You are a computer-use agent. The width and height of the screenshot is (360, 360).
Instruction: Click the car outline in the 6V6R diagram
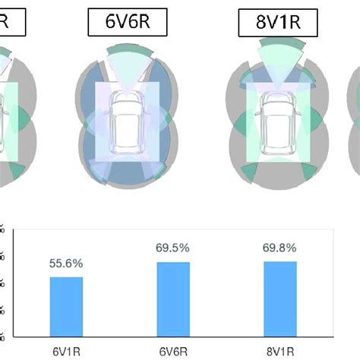tap(126, 122)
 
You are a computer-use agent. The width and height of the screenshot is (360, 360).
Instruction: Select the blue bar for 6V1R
tap(68, 306)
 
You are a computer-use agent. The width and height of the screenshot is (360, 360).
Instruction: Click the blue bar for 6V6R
tap(174, 298)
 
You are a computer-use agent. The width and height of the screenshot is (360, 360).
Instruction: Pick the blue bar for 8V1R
tap(280, 298)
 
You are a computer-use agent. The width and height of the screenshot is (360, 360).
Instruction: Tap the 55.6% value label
tap(68, 264)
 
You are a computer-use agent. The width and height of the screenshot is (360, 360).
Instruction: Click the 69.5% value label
tap(174, 248)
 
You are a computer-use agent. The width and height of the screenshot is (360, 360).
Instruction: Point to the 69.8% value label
tap(280, 248)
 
